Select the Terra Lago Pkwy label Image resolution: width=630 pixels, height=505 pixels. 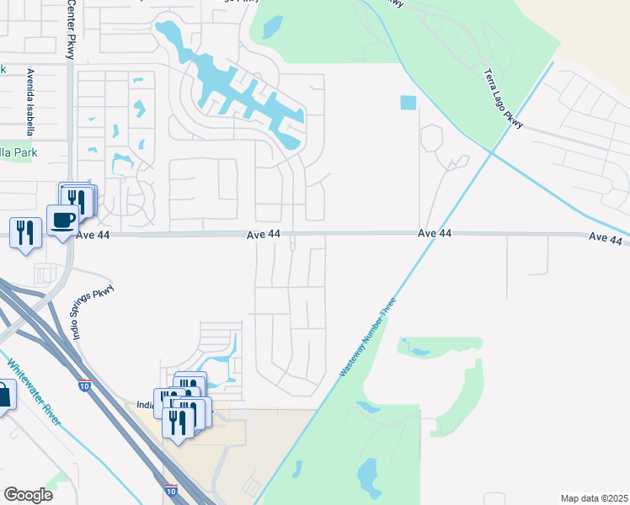(x=504, y=100)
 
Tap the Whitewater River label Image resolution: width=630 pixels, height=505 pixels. (x=34, y=392)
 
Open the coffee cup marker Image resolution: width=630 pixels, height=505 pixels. (x=63, y=221)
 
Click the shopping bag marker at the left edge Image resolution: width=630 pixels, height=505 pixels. (x=3, y=395)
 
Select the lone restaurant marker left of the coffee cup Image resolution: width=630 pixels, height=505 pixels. (x=25, y=231)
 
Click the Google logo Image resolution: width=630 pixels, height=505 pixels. (x=28, y=495)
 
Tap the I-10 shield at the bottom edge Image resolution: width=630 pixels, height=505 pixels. (x=170, y=490)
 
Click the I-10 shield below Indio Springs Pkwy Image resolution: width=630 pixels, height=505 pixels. (x=84, y=385)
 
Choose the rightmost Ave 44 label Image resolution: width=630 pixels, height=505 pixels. (x=604, y=239)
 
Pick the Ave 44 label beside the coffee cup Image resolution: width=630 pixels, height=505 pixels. (x=93, y=237)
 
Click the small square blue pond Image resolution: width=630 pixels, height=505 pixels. (x=408, y=103)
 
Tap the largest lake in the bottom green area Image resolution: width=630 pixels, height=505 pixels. (x=368, y=476)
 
